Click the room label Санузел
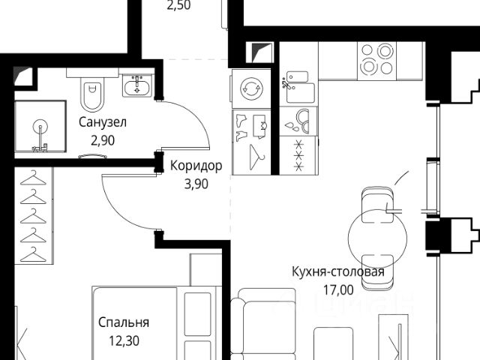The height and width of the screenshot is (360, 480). point(103,122)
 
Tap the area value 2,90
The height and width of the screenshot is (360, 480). point(103,140)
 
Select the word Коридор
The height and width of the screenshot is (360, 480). point(196,166)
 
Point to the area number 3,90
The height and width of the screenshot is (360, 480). point(196,184)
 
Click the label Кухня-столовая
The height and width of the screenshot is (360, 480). point(338,271)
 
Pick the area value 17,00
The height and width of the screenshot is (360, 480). point(338,289)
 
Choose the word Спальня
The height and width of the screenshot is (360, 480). point(124,322)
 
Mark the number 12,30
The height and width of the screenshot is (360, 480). point(124,340)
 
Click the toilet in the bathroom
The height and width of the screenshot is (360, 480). point(92,93)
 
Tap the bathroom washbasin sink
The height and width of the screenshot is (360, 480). point(136,85)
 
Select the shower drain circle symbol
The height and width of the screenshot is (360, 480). point(40,127)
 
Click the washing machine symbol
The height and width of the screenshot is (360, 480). point(251,88)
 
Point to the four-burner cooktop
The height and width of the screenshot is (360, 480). point(376,61)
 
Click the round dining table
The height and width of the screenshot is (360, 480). point(377,239)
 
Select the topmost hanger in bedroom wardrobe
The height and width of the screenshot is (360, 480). point(33,178)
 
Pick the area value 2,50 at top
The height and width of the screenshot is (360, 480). point(178,5)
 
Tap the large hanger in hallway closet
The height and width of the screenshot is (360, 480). point(256,157)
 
